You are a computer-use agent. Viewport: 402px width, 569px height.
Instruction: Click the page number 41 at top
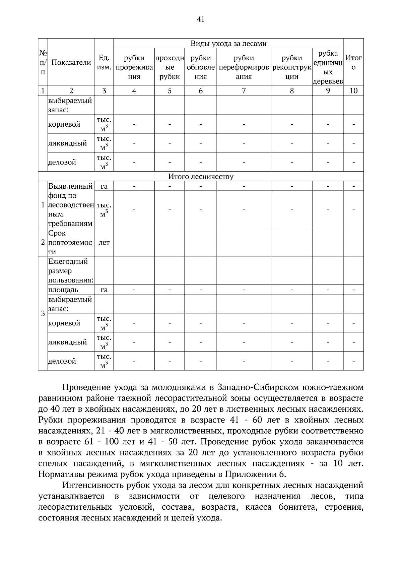(x=201, y=19)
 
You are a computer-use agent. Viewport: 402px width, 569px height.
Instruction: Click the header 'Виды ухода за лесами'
(x=228, y=44)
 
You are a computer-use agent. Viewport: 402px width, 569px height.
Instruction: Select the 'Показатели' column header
(x=71, y=62)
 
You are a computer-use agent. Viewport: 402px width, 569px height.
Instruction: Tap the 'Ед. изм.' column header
(x=104, y=62)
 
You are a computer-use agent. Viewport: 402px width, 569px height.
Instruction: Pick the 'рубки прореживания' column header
(x=134, y=67)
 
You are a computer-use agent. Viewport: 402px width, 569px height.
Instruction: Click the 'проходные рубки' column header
(x=170, y=67)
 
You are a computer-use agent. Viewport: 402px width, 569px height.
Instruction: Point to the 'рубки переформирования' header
(x=244, y=67)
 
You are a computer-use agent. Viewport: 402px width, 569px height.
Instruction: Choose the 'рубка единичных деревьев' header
(x=328, y=67)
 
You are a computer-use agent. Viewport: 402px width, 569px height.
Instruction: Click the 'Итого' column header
(x=353, y=62)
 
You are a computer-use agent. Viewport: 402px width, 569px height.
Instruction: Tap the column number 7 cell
(x=244, y=90)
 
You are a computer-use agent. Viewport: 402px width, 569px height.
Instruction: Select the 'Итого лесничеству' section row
(x=201, y=177)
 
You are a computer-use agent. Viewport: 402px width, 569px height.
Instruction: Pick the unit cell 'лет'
(x=104, y=243)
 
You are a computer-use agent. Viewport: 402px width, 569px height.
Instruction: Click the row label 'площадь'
(x=63, y=290)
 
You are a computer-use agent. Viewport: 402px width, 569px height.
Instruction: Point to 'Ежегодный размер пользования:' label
(x=70, y=271)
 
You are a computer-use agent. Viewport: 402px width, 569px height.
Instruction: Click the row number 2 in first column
(x=43, y=243)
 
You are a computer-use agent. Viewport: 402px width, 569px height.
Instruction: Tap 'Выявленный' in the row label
(x=70, y=186)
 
